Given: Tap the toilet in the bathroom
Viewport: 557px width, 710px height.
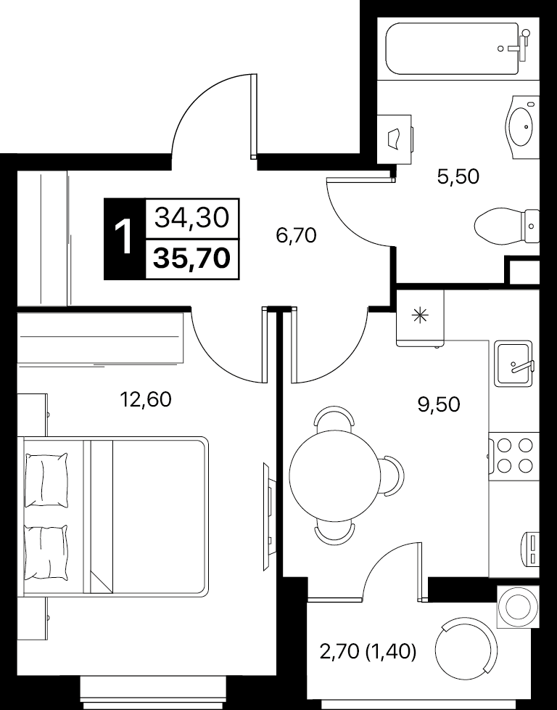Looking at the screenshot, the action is point(507,226).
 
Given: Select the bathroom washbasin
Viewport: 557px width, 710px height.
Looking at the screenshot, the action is point(523,126).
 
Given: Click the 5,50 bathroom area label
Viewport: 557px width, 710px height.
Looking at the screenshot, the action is point(458,176).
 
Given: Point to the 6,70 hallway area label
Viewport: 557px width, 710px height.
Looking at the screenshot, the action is point(296,235).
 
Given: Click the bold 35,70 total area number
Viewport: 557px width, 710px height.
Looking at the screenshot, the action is point(192,258).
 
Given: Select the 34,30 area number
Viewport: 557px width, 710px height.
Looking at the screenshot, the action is point(192,219).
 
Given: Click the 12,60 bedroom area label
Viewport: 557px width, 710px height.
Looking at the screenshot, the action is point(146,399).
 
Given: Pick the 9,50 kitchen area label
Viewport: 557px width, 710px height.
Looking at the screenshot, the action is point(439,404).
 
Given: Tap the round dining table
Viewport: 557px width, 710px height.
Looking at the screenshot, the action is point(335,475).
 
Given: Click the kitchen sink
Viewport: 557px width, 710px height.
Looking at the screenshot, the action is point(513,363).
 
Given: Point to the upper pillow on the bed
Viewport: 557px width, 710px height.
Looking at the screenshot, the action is point(46,480).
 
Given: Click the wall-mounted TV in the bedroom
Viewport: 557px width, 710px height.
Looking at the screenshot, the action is point(268,516).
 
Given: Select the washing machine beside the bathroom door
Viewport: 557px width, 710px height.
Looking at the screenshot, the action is point(395,139).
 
